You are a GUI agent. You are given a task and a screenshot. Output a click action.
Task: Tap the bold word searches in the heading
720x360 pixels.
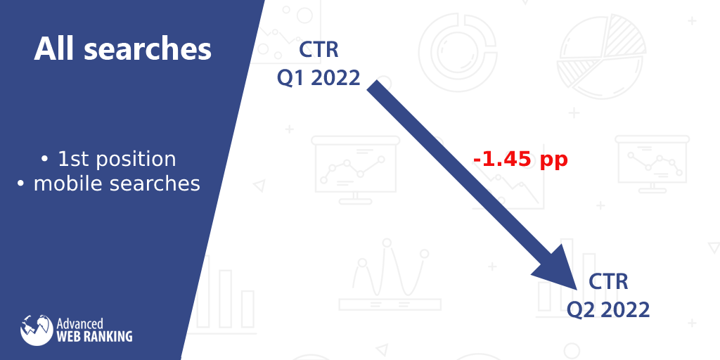coord(148,50)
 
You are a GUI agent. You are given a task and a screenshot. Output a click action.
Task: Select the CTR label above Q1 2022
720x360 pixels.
coord(319,50)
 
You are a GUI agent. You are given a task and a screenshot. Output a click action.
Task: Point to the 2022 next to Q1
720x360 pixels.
coord(335,78)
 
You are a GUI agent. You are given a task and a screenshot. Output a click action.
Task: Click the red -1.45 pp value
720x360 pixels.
coord(520,160)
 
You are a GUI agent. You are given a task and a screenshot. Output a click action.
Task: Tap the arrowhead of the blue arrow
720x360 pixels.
coord(558,268)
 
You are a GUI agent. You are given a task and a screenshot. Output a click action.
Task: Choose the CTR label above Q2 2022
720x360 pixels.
coord(608,281)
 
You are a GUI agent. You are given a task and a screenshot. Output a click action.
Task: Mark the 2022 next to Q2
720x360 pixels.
coord(625,310)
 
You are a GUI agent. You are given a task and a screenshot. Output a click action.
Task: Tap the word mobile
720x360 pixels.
coord(68,184)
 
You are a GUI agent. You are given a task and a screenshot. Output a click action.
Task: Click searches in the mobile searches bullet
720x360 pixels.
coord(155,184)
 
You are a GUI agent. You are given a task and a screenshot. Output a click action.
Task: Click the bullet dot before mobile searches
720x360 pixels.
coord(20,184)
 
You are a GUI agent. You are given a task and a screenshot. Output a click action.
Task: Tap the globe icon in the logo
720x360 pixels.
coord(37,330)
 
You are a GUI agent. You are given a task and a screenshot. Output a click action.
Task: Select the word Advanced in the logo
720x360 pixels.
coord(79,324)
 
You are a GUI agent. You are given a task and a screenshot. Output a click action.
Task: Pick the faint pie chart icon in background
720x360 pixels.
coord(601,57)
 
